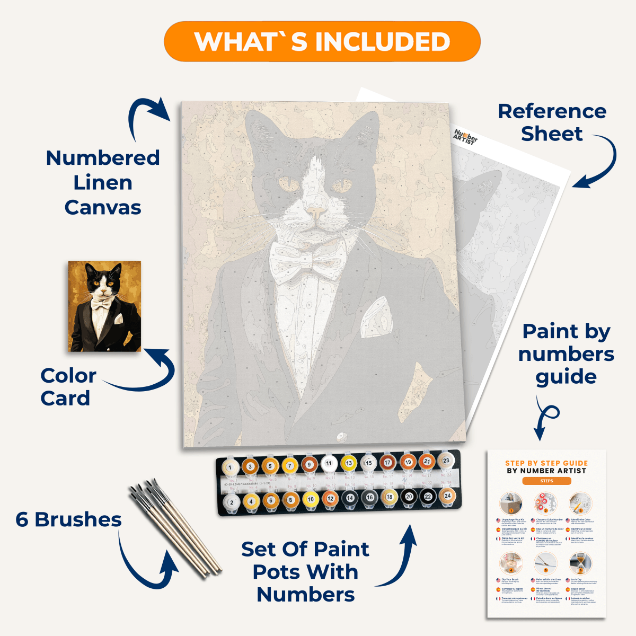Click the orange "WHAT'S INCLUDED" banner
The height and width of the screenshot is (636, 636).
322,41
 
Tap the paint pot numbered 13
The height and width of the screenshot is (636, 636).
349,463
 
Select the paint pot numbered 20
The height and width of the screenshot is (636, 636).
409,497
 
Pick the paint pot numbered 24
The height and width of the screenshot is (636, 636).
448,496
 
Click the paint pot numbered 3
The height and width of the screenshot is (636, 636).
250,466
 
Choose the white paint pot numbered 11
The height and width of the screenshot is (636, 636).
329,463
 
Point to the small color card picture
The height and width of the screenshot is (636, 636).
104,306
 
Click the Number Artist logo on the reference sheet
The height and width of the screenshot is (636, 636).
465,137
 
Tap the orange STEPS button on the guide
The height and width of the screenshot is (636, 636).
546,481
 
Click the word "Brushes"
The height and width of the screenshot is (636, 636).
78,520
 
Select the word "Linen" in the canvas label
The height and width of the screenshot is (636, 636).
102,182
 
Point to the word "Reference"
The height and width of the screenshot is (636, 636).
552,111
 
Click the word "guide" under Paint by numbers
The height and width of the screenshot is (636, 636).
566,377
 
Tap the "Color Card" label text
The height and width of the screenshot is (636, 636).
68,387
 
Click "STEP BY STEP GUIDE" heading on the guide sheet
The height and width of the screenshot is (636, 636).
546,463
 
